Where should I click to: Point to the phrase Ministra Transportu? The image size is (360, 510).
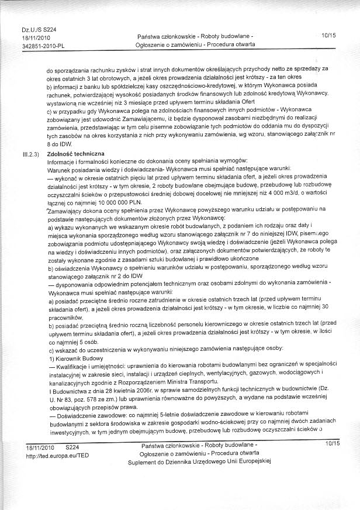click(194, 379)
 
